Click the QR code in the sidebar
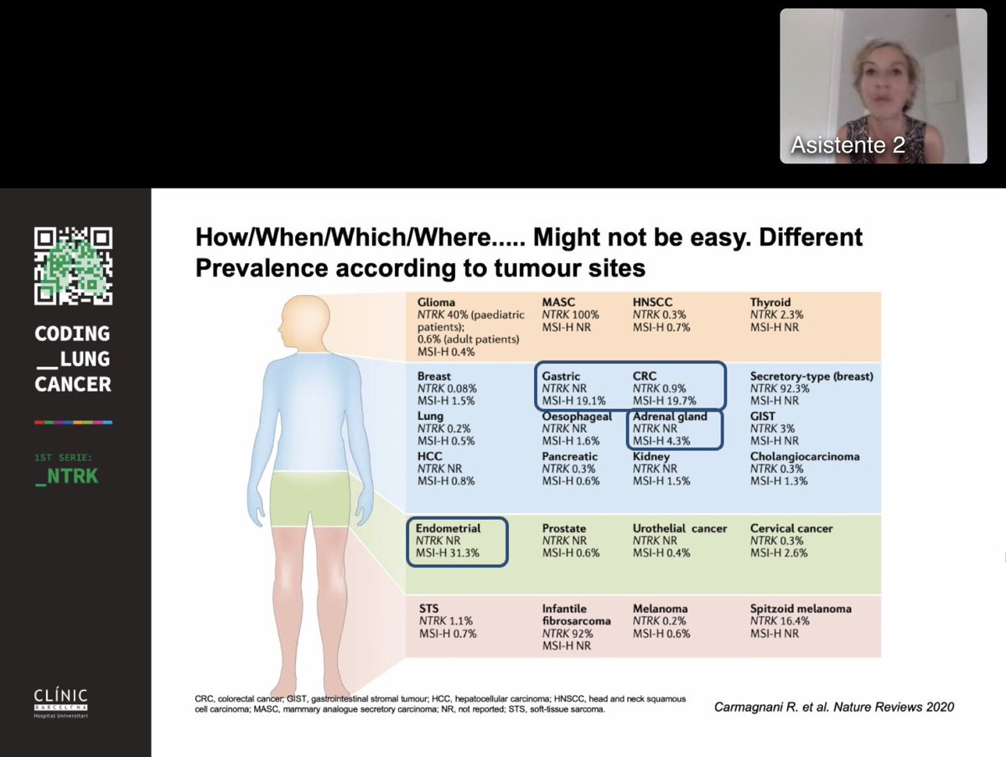pos(73,266)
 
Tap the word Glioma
pos(436,302)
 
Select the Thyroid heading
pos(770,302)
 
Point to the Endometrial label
pos(448,529)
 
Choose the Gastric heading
pos(561,376)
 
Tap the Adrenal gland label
pos(670,417)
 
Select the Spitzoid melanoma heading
pos(801,608)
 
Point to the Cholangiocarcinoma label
pos(805,457)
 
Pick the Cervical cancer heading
pos(791,529)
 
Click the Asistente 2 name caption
pos(848,145)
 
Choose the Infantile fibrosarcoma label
pos(577,614)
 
